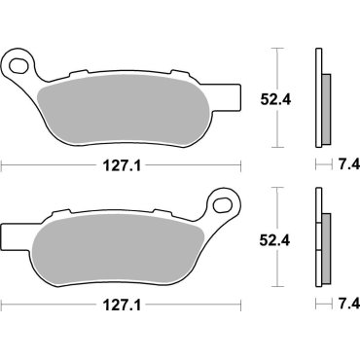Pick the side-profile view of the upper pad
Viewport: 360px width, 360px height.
(319, 97)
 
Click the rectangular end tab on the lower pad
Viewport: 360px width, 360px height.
(9, 234)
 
